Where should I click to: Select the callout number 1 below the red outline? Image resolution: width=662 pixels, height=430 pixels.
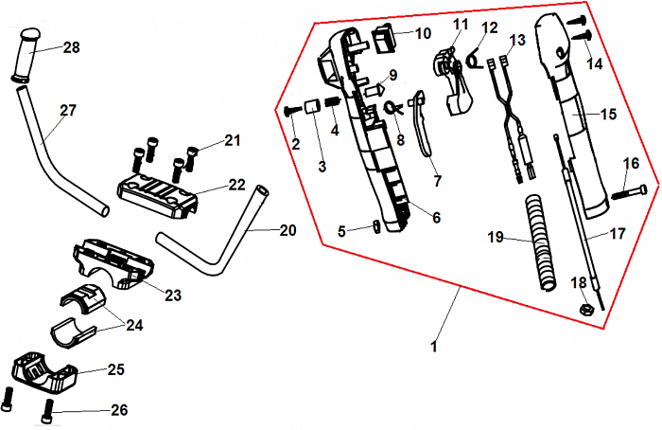click(434, 348)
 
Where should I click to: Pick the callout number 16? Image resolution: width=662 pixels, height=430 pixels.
click(631, 163)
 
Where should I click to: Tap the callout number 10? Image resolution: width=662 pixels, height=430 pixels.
click(422, 33)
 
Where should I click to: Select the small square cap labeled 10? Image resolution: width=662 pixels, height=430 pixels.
click(385, 38)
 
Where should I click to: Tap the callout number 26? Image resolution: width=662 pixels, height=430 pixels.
click(117, 410)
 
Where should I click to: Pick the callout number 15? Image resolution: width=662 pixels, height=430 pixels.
click(608, 115)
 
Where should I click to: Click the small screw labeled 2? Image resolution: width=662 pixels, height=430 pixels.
click(290, 111)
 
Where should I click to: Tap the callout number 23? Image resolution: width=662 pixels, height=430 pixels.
click(172, 296)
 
